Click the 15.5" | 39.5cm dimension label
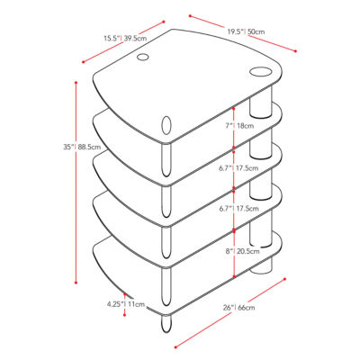point(125,39)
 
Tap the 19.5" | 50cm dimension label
point(246,31)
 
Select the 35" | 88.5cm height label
point(82,148)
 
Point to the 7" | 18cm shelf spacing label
point(239,126)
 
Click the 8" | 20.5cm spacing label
point(243,251)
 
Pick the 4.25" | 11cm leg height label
point(126,304)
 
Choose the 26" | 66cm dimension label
point(239,308)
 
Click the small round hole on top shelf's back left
point(142,57)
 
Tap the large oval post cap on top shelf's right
point(260,72)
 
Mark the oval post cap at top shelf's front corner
point(166,125)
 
